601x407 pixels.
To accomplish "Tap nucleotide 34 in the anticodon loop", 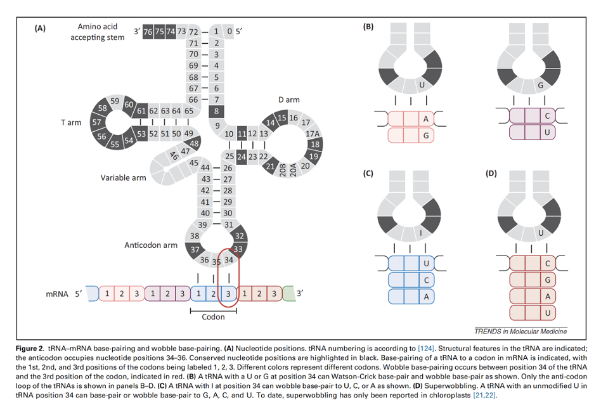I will (x=229, y=259).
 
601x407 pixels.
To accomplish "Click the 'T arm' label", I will (x=71, y=122).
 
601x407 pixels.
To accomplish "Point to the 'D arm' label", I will (x=288, y=100).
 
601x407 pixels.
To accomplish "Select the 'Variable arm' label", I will (x=123, y=178).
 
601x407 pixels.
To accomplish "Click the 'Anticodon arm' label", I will (x=151, y=245).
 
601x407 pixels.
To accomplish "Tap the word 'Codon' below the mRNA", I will (x=213, y=317).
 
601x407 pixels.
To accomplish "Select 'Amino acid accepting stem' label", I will (x=97, y=32).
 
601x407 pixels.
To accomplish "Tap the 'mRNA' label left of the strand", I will (x=57, y=294).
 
